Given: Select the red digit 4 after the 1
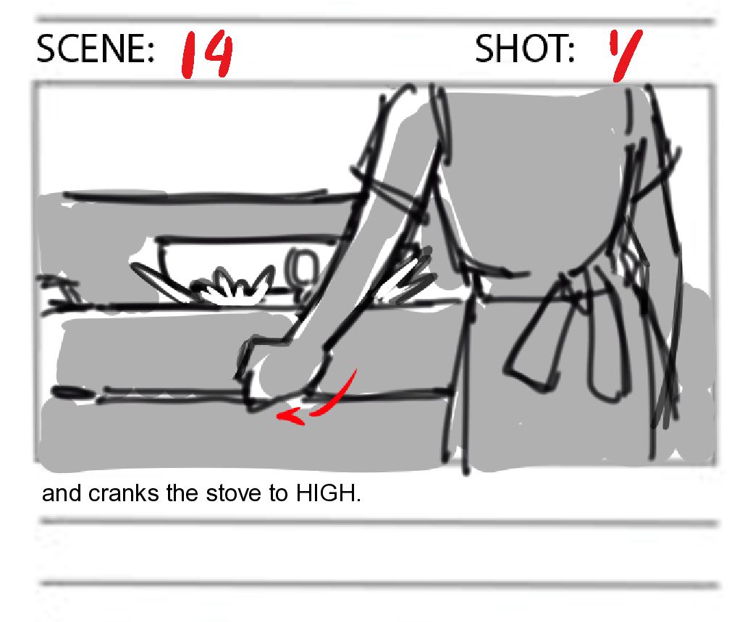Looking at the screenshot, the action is tap(217, 54).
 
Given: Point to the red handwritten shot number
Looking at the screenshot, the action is tap(626, 54).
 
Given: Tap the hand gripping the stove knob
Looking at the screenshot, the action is tap(276, 370).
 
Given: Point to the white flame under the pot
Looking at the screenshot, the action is tap(235, 287).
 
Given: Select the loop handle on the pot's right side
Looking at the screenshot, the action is tap(303, 269).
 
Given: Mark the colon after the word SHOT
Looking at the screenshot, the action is tap(571, 51).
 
